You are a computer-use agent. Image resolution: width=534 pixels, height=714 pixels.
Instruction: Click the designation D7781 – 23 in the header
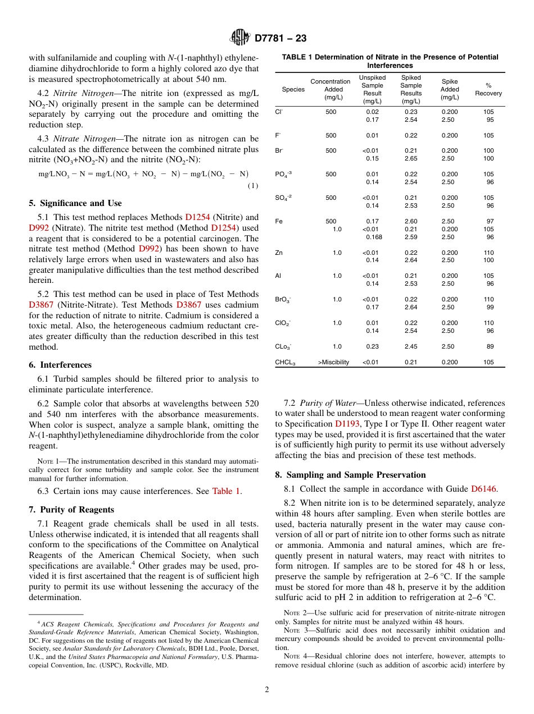280,39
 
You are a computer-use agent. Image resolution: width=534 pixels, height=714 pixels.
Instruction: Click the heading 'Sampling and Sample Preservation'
350,475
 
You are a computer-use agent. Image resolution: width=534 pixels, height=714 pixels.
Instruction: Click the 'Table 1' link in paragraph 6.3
227,491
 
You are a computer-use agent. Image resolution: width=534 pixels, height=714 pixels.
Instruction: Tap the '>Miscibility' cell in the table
333,363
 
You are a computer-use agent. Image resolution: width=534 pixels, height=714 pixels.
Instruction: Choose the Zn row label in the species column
279,253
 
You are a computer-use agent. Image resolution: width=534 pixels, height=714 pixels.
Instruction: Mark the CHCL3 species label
285,363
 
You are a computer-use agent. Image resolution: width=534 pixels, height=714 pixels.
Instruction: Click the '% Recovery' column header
488,89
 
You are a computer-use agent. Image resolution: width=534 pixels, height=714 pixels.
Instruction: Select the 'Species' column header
293,89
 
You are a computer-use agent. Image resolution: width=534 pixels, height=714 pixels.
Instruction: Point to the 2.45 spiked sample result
410,347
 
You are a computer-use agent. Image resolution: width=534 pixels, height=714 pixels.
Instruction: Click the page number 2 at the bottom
267,690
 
